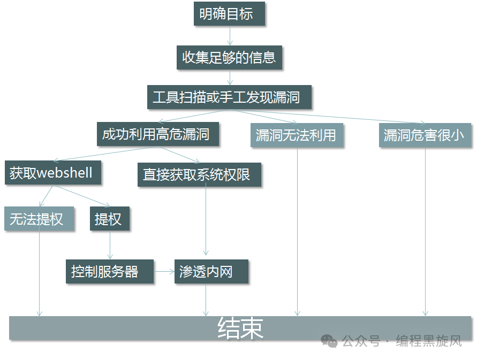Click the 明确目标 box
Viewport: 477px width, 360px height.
click(x=229, y=14)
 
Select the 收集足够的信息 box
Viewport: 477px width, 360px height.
click(x=229, y=57)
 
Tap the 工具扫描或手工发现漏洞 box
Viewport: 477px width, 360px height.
click(x=229, y=97)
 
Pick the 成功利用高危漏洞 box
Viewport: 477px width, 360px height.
click(x=158, y=134)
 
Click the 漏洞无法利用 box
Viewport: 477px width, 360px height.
click(x=296, y=135)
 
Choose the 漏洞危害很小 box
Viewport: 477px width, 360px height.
click(x=425, y=135)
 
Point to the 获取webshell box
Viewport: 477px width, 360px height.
click(x=52, y=173)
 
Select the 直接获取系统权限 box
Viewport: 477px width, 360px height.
click(x=199, y=174)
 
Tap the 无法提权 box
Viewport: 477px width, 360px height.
click(x=39, y=219)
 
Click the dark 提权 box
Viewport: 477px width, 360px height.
click(x=110, y=219)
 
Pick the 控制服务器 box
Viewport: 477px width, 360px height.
click(x=110, y=272)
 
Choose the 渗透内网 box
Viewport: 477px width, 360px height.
click(x=211, y=272)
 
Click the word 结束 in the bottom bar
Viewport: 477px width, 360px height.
click(x=240, y=328)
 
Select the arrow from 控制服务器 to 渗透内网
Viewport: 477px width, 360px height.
click(x=164, y=272)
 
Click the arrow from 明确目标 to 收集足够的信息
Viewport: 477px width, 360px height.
click(x=230, y=36)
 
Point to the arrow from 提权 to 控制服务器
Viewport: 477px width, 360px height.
click(x=110, y=246)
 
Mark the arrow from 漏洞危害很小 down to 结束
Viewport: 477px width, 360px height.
click(x=426, y=230)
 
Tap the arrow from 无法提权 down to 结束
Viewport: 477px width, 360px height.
click(x=39, y=273)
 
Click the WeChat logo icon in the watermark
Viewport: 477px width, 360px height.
click(x=329, y=341)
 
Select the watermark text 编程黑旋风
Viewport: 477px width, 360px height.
click(x=428, y=341)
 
